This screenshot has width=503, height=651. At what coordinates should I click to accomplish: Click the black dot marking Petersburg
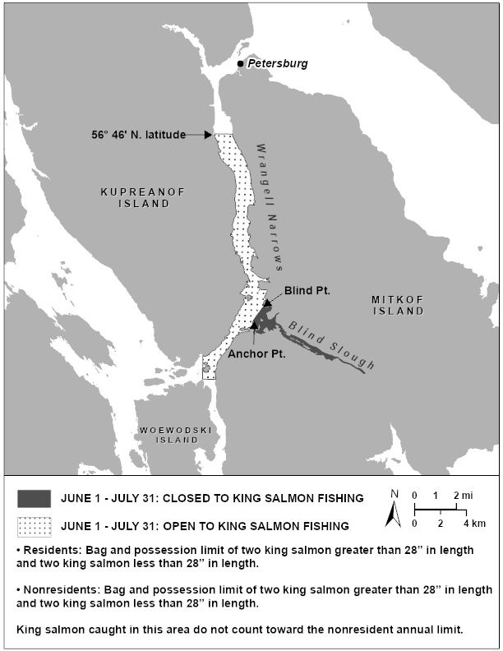tap(241, 63)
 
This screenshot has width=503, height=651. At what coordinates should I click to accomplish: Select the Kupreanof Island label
tap(135, 197)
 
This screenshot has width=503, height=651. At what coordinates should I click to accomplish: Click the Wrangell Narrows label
tap(266, 205)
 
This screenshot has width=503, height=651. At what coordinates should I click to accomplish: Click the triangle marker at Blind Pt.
tap(267, 303)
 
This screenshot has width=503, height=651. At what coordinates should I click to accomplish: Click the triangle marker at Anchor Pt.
tap(255, 326)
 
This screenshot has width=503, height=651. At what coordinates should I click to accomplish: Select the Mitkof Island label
tap(397, 306)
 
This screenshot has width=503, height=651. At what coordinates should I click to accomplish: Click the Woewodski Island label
tap(169, 434)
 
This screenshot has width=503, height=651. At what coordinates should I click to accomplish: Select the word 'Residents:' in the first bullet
tap(53, 549)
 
